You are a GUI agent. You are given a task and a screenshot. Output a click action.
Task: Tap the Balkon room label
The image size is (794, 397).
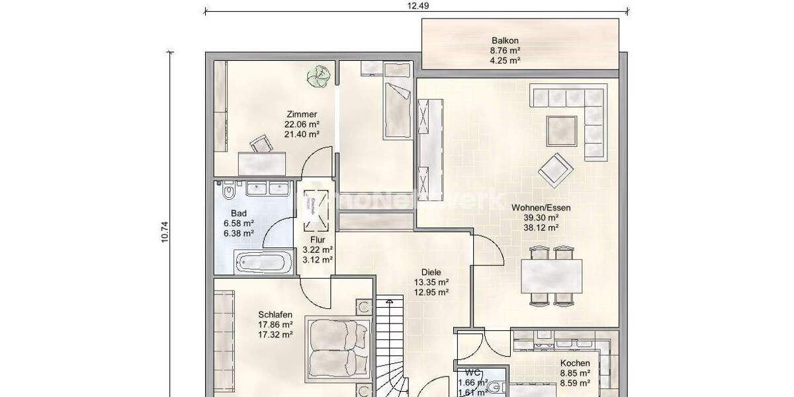504,40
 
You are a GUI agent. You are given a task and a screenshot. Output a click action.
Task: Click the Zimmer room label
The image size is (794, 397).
302,114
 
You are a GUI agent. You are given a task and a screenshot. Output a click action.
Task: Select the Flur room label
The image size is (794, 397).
317,240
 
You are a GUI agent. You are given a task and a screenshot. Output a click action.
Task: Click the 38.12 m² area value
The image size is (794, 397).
541,227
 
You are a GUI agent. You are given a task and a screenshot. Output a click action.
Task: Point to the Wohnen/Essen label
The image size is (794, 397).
541,207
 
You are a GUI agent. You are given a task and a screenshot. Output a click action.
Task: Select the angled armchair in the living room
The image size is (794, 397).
554,169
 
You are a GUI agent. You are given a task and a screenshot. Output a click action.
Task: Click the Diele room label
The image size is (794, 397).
431,272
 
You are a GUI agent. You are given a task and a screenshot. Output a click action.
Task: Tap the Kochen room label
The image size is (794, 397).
574,363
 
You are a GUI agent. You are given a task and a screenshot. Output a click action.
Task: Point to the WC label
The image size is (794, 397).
472,373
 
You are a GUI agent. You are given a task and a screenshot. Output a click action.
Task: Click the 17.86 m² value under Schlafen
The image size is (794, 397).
275,325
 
